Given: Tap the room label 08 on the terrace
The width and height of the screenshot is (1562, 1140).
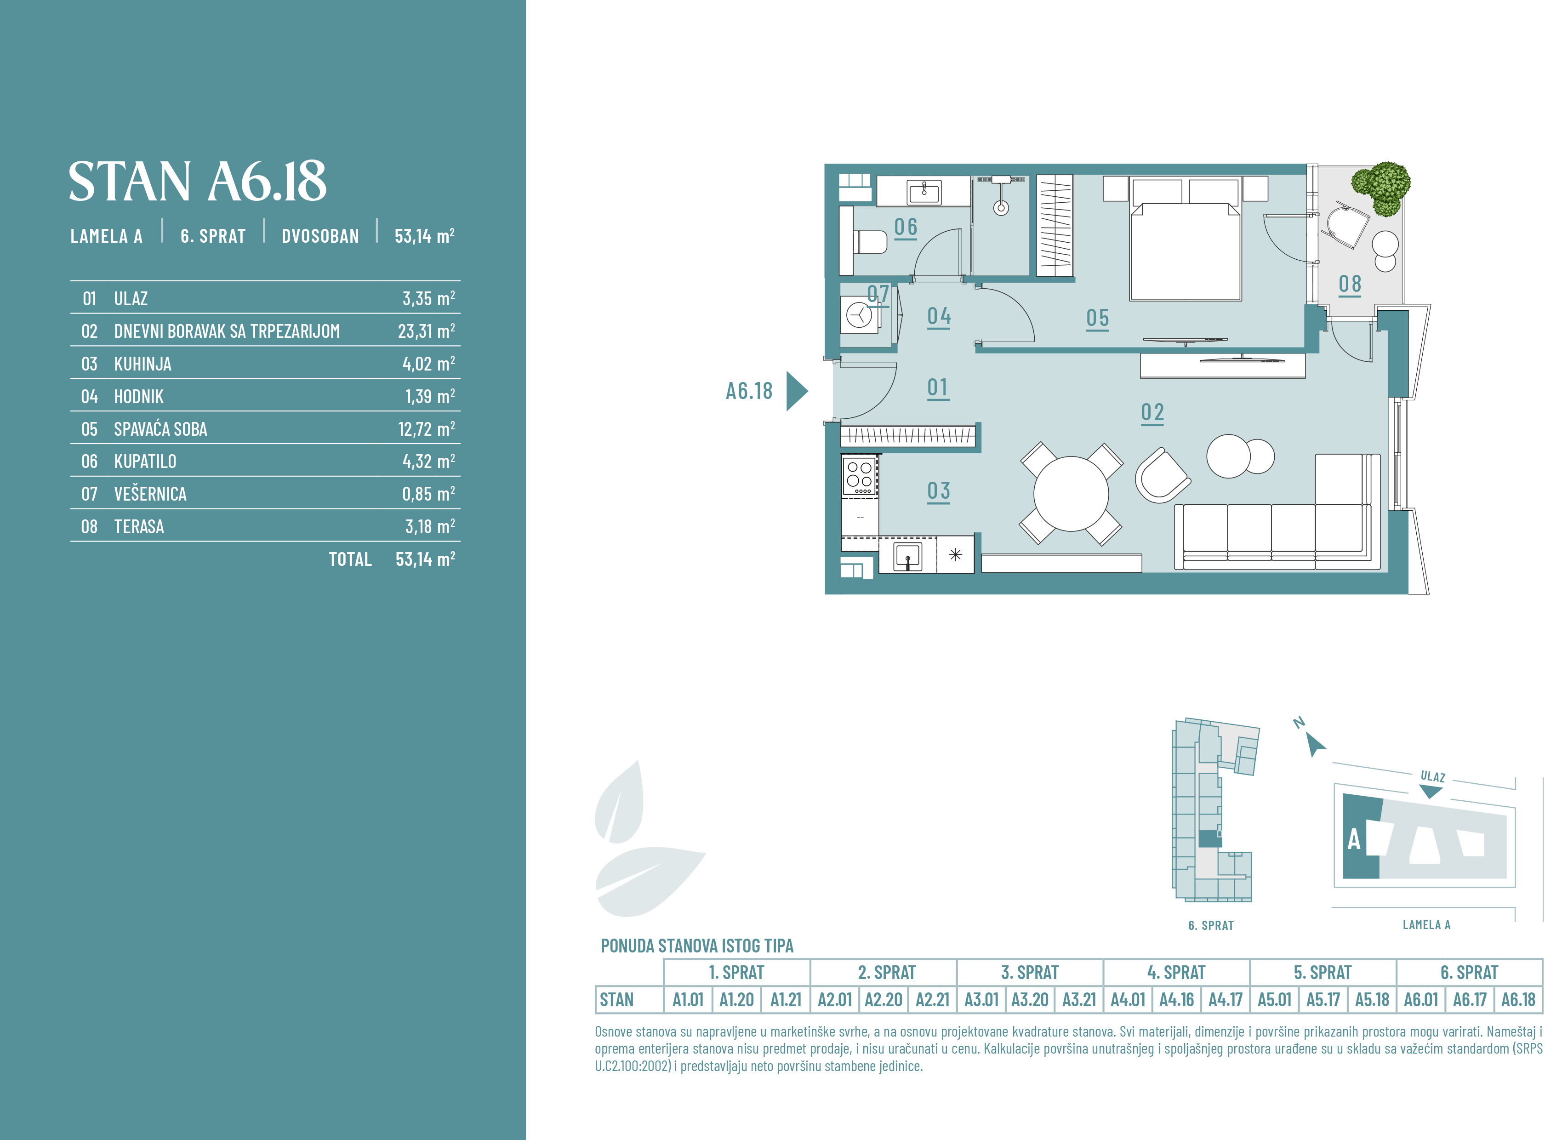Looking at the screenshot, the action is [1350, 284].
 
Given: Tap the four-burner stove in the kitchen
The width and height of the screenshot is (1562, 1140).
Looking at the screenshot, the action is [859, 475].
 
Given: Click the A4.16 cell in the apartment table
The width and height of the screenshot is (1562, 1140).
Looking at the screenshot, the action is [1176, 1000].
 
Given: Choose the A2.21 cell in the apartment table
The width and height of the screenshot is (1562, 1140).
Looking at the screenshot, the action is [932, 1000].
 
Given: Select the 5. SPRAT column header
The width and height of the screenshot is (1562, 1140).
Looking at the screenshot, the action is [1323, 972].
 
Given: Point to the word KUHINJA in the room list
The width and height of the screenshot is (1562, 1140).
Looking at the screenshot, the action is [143, 364].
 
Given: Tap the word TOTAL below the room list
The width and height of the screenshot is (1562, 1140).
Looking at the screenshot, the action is [350, 559].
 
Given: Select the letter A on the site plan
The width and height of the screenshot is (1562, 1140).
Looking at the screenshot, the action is [1354, 840].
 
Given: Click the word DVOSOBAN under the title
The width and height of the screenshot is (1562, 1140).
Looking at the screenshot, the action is [320, 236].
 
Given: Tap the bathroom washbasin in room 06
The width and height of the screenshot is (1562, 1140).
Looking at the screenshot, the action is [924, 192].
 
